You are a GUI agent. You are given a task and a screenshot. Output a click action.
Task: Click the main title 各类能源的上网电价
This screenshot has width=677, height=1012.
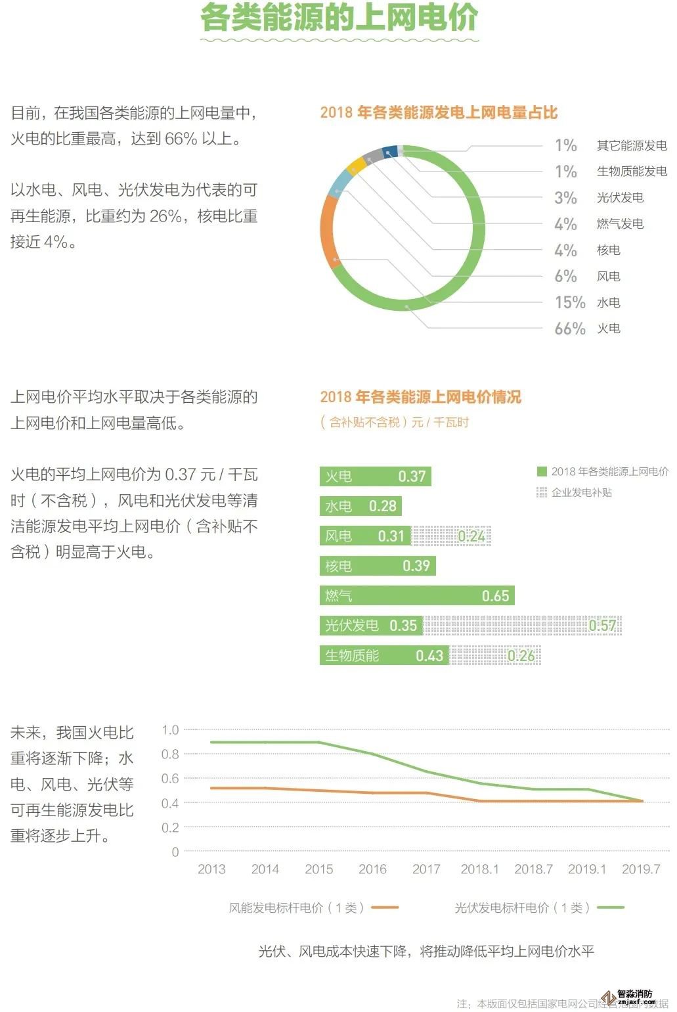point(339,18)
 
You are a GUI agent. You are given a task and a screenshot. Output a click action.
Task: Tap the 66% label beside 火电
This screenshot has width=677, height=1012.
point(569,329)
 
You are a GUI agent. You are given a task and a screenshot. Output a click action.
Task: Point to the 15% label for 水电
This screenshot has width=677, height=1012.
point(569,302)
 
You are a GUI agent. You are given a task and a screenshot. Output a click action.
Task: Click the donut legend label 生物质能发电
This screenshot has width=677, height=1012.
point(631,172)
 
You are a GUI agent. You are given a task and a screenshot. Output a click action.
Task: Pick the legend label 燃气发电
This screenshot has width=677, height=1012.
point(619,224)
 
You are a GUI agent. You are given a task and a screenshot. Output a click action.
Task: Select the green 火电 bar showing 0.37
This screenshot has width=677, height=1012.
point(375,476)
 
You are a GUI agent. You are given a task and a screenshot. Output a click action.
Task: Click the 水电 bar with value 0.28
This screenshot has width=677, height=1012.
point(360,506)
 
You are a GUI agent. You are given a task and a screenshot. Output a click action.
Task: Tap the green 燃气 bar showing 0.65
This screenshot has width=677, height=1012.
point(416,595)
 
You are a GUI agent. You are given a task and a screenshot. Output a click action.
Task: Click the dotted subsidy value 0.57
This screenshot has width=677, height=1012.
point(602,626)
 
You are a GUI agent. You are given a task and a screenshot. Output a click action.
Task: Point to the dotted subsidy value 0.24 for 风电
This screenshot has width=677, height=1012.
point(471,536)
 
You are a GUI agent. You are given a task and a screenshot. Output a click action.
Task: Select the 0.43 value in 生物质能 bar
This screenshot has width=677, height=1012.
point(429,655)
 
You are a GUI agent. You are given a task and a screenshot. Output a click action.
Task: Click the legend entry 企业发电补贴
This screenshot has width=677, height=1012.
point(581,492)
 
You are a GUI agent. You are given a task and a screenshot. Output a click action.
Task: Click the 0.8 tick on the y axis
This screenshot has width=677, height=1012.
point(170,754)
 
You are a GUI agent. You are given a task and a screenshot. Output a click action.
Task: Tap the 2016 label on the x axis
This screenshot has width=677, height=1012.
point(372,869)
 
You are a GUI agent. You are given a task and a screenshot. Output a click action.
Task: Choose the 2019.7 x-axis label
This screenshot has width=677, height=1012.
point(640,869)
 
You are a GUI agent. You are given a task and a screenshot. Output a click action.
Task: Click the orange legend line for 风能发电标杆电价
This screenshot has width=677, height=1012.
point(385,908)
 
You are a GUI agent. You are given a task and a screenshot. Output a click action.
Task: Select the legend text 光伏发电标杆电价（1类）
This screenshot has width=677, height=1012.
point(522,908)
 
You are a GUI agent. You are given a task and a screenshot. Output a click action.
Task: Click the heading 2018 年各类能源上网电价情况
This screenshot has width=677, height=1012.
point(420,397)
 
